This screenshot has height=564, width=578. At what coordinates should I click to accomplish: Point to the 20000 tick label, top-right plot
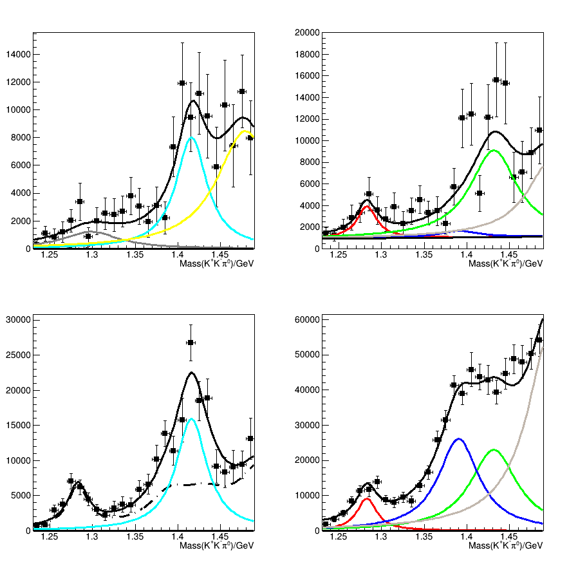click(306, 32)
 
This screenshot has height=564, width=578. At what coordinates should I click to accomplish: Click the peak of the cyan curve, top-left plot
click(191, 137)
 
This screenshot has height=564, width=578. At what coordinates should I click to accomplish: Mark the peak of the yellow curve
click(245, 131)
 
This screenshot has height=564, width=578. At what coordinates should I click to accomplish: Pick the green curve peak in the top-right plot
click(494, 150)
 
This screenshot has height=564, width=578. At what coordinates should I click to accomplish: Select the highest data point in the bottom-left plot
click(191, 343)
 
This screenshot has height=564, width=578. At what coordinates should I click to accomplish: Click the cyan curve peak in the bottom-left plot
click(191, 418)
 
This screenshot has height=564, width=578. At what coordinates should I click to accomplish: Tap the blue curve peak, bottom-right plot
click(458, 439)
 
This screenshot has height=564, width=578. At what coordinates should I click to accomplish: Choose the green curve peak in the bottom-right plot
click(494, 449)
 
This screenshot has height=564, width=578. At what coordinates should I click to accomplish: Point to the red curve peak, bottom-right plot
click(367, 498)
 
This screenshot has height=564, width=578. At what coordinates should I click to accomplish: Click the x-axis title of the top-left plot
click(216, 264)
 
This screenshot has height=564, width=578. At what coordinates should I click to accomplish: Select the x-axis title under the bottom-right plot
click(505, 546)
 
